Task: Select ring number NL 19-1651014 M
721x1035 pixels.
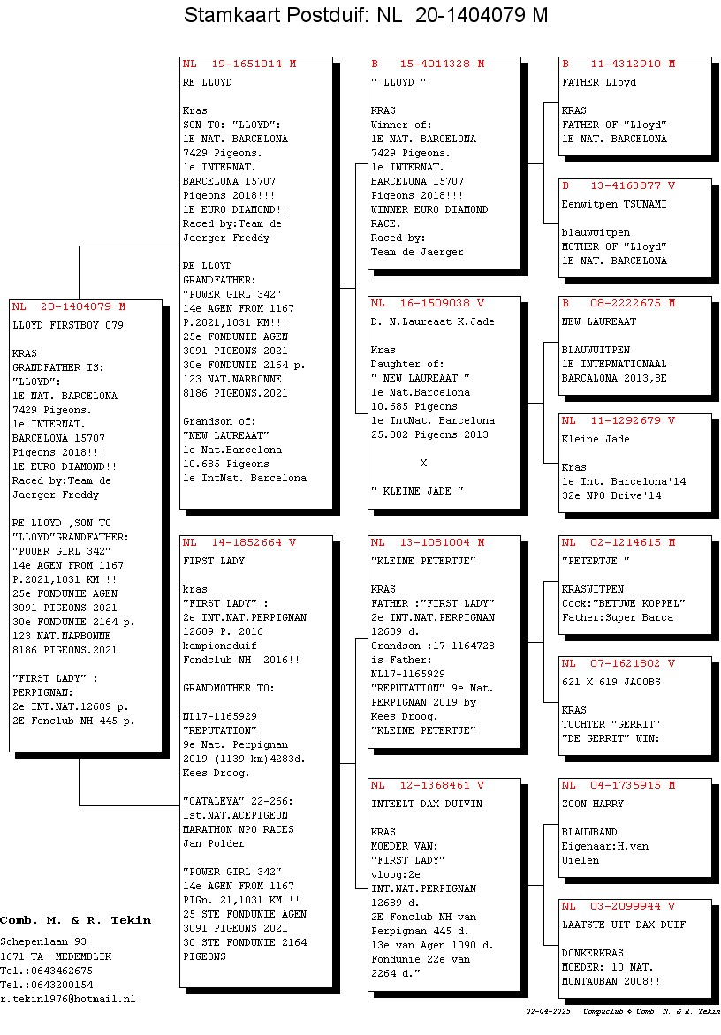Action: point(239,64)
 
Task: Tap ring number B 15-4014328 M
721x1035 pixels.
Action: point(428,64)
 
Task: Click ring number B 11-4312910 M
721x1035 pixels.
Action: point(619,64)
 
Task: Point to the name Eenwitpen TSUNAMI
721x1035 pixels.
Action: point(614,205)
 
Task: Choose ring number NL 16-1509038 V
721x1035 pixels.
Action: point(428,304)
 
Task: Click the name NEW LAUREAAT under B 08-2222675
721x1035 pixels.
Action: point(599,322)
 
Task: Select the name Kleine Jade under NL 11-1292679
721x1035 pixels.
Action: point(596,440)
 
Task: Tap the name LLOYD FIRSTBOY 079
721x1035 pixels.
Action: point(68,325)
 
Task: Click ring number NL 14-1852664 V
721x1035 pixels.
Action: point(239,542)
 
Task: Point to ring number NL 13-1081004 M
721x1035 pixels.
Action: point(428,542)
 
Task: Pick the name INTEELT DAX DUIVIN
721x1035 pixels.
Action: point(427,804)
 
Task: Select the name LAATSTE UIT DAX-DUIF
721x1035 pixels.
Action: point(624,925)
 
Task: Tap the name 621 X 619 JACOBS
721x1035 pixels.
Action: point(611,683)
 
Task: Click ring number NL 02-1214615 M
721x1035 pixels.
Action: point(619,542)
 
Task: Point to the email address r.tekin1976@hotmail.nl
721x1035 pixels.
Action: point(68,1000)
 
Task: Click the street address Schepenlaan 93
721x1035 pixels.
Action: point(43,942)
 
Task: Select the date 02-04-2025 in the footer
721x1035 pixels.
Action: point(548,1011)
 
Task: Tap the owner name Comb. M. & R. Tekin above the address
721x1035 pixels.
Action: point(75,920)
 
